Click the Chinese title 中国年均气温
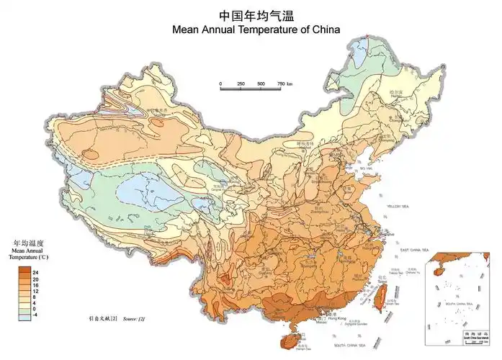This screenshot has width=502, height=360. (251, 14)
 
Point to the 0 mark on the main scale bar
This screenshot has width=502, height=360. (221, 84)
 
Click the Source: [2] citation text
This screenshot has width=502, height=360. (133, 318)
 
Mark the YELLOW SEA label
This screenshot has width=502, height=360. (398, 206)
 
